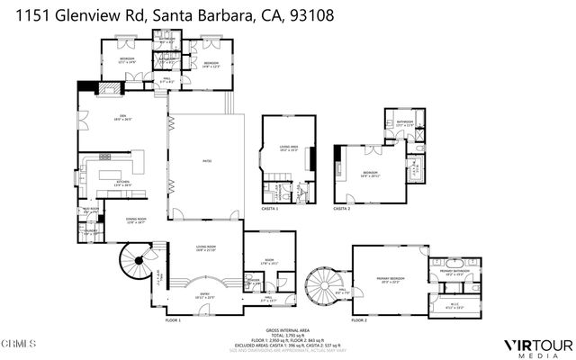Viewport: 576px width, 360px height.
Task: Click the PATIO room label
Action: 205,161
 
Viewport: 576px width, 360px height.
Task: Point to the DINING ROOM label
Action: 136,220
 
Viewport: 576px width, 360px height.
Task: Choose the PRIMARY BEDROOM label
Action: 391,279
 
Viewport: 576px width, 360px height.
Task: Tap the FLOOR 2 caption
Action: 360,320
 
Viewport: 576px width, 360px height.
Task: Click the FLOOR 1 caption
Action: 173,320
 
